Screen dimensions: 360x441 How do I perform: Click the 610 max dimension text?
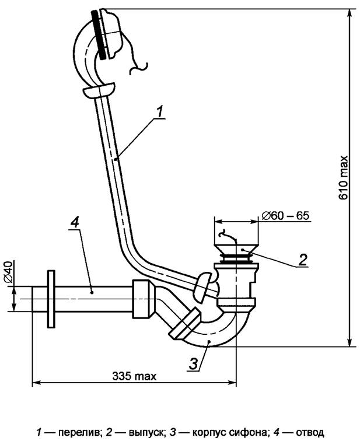[344, 177]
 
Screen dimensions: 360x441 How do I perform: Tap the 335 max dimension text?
[134, 376]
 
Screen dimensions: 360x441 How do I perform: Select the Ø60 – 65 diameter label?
[285, 216]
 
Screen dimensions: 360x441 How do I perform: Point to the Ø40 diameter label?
[8, 271]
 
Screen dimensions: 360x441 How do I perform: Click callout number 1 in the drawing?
[159, 111]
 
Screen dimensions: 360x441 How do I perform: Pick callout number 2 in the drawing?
[303, 260]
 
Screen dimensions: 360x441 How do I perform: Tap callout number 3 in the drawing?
[194, 364]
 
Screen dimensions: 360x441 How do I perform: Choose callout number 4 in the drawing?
[75, 222]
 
